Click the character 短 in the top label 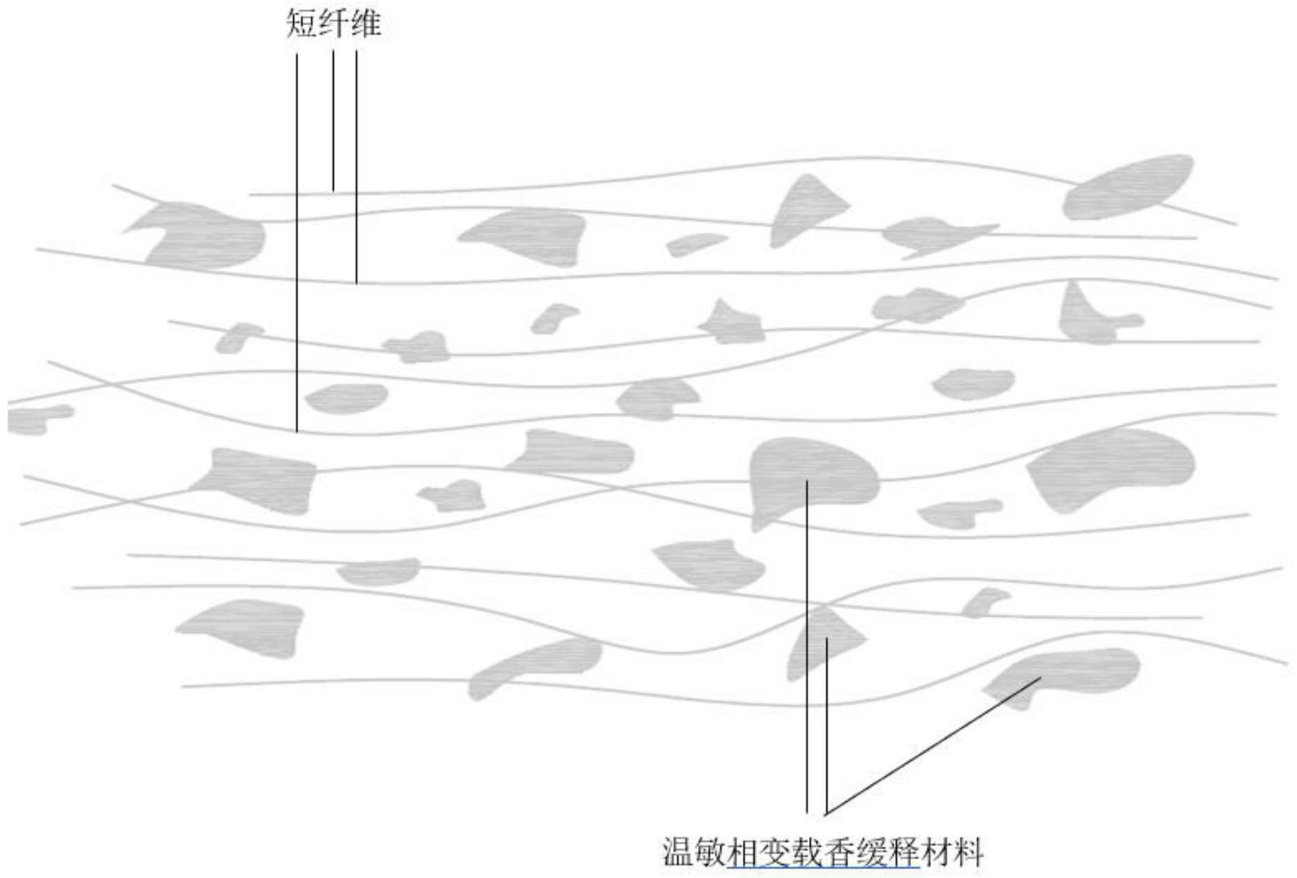(301, 23)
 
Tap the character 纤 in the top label (333, 23)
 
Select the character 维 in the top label (365, 23)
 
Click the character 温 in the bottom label (678, 851)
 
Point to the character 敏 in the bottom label (710, 851)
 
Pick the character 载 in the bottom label (807, 851)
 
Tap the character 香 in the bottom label (839, 851)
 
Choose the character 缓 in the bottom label (871, 851)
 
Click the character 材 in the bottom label (936, 851)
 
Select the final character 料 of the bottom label (968, 851)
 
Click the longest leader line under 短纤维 (297, 244)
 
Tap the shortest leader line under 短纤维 (333, 122)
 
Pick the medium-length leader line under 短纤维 (357, 168)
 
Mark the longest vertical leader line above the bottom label (807, 649)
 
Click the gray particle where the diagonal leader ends (1068, 674)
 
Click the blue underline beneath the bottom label (824, 868)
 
